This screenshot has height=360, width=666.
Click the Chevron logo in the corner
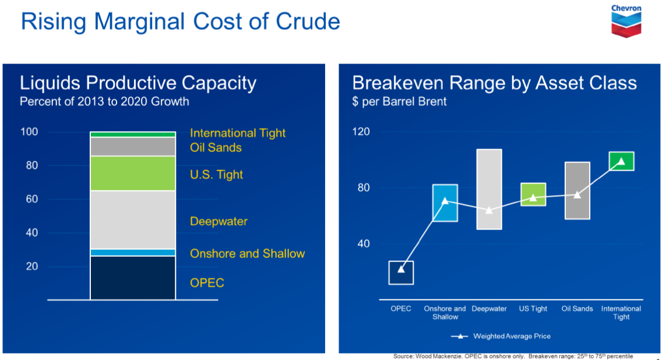626,20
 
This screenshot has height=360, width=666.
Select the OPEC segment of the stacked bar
133,278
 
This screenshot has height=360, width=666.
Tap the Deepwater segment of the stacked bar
133,220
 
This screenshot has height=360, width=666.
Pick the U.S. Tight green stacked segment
133,173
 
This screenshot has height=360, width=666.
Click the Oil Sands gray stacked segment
133,146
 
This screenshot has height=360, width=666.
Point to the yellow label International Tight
238,133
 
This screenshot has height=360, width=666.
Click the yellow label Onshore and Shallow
247,253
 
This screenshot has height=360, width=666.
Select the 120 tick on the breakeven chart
362,132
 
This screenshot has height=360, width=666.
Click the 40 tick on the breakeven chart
364,243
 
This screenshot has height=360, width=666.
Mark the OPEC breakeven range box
401,273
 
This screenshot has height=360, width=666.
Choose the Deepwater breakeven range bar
489,189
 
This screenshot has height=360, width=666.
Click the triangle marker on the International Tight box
621,161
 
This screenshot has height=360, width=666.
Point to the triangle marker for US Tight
533,197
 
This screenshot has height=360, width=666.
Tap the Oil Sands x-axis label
577,309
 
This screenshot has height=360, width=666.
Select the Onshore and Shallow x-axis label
445,313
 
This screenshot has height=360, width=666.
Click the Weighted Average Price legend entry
501,336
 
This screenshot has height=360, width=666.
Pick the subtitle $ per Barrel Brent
399,102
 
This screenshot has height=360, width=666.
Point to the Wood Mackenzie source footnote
513,356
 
